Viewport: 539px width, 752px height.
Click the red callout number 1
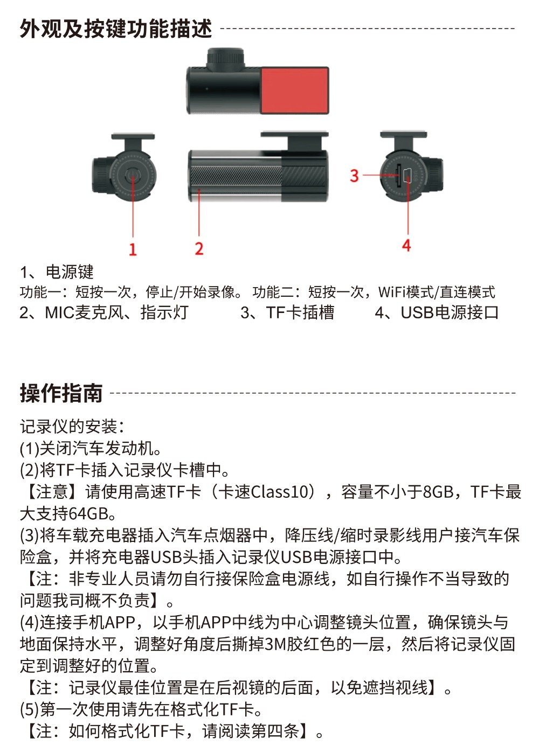point(133,249)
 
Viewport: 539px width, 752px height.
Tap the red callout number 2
point(199,249)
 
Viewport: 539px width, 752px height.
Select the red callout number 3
point(354,176)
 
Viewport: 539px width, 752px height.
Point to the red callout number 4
point(406,246)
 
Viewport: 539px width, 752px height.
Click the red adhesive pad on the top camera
point(294,90)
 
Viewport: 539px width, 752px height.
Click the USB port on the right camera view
point(407,175)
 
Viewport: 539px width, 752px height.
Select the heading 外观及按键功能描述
point(116,29)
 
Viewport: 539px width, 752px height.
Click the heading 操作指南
point(61,393)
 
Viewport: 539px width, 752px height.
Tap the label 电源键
point(70,272)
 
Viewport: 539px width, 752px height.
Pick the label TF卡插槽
point(300,312)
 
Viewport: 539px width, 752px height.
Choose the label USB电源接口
point(450,312)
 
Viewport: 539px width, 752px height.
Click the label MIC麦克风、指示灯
point(117,312)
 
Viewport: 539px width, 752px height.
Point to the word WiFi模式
point(406,292)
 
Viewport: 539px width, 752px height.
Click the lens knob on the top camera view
point(225,59)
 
